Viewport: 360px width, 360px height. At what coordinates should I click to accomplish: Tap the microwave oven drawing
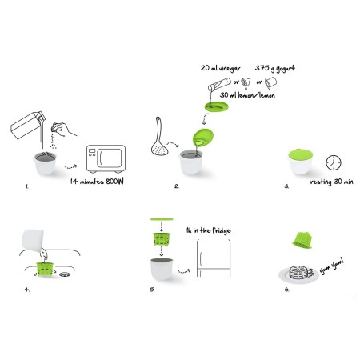(x=106, y=159)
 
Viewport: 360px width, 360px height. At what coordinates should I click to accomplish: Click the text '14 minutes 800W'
(x=97, y=182)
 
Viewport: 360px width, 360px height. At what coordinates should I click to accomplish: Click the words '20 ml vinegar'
(x=221, y=69)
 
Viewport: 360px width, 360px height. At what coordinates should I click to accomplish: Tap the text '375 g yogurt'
(x=275, y=69)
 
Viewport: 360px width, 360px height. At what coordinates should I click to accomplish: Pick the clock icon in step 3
(x=334, y=162)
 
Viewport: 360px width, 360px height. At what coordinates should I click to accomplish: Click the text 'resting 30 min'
(x=332, y=182)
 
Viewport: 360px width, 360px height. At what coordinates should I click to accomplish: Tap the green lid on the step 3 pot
(x=300, y=154)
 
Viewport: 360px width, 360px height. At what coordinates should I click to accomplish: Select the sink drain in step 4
(x=65, y=274)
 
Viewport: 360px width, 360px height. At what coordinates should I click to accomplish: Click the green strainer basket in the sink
(x=45, y=269)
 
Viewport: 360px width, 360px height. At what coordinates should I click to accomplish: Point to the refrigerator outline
(x=214, y=258)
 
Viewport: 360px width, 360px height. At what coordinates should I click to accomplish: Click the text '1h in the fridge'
(x=209, y=230)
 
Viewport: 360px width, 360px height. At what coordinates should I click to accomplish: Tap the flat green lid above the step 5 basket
(x=162, y=219)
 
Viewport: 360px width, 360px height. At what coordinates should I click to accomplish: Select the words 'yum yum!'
(x=331, y=266)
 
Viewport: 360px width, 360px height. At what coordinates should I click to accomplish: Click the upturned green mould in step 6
(x=302, y=240)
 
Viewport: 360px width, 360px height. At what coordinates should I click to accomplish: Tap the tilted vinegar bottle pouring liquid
(x=219, y=84)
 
